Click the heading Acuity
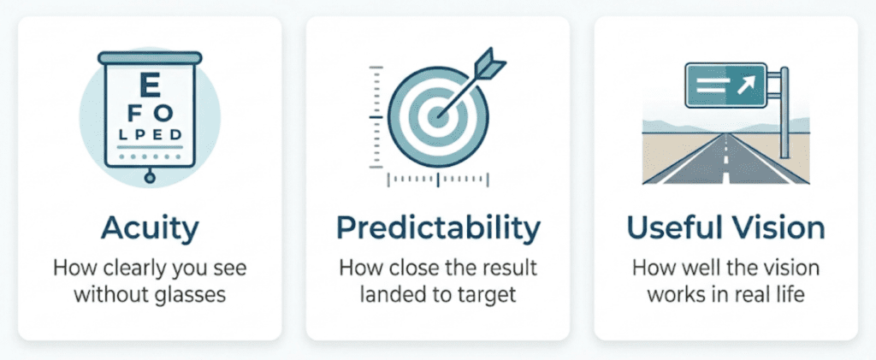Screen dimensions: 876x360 pyautogui.click(x=150, y=228)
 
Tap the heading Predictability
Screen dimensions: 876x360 pyautogui.click(x=438, y=228)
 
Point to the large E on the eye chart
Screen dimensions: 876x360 pyautogui.click(x=149, y=86)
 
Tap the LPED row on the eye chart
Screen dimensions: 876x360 pyautogui.click(x=149, y=136)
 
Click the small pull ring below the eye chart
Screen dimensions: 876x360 pyautogui.click(x=149, y=178)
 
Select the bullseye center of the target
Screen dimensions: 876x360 pyautogui.click(x=437, y=116)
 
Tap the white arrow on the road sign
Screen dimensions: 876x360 pyautogui.click(x=746, y=84)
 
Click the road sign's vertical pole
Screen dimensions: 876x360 pyautogui.click(x=784, y=112)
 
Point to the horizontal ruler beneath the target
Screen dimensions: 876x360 pyautogui.click(x=437, y=180)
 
